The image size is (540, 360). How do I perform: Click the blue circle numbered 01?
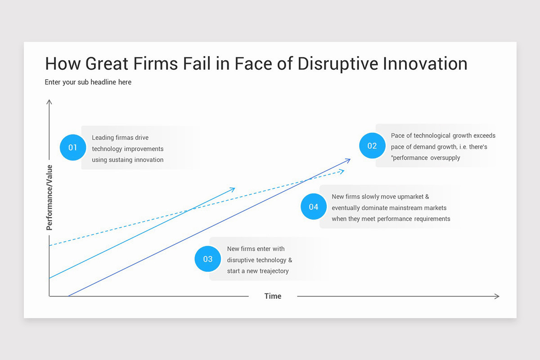[73, 148]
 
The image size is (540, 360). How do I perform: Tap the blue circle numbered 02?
[372, 146]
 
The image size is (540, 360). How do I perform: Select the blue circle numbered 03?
[207, 259]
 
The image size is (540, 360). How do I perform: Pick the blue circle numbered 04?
[314, 207]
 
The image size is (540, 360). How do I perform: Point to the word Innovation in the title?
[425, 64]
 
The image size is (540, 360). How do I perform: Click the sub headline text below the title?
[88, 82]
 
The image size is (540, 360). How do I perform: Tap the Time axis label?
[273, 296]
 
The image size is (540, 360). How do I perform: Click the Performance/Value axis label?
[49, 198]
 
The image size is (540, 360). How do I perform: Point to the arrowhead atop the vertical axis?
[49, 102]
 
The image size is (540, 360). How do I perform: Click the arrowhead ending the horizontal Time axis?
[497, 296]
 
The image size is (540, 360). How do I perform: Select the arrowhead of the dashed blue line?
[342, 171]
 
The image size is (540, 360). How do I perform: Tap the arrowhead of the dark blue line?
[348, 160]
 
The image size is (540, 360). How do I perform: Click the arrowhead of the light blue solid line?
[232, 189]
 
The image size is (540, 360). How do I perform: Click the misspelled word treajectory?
[270, 271]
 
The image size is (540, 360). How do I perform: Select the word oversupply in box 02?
[445, 158]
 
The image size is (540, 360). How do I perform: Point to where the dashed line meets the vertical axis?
[49, 245]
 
